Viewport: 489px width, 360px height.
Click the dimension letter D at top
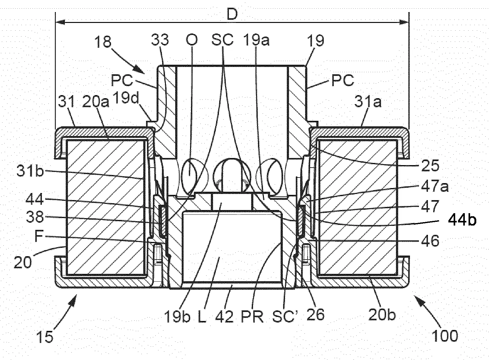[x=232, y=15]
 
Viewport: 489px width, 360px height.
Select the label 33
[x=160, y=41]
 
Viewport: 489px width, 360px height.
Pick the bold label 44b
[x=462, y=220]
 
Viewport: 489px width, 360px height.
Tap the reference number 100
[x=444, y=336]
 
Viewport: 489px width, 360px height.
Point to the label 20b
[x=382, y=314]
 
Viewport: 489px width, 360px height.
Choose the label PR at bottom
[x=253, y=316]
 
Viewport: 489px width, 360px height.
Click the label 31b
[x=30, y=171]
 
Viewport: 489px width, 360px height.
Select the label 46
[x=430, y=241]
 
